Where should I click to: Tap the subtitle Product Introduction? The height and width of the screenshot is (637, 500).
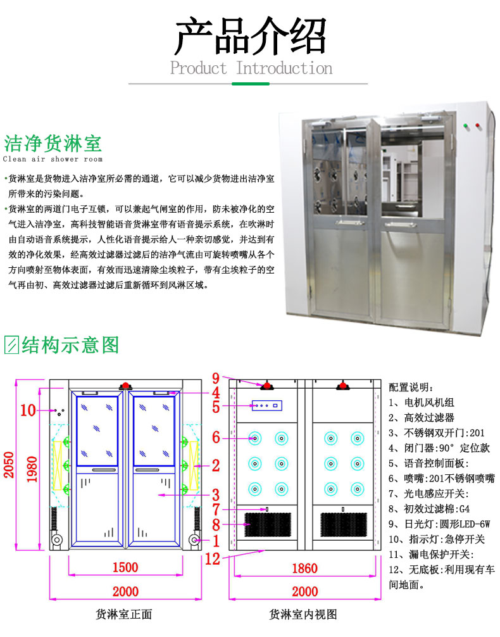(x=251, y=68)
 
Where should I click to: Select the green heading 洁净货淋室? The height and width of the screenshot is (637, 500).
(x=53, y=141)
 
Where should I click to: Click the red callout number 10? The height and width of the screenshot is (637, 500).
(x=28, y=410)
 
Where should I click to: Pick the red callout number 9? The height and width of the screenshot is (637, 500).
(x=216, y=379)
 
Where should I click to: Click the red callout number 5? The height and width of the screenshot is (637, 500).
(x=216, y=407)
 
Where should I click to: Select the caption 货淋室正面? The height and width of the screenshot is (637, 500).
(x=123, y=614)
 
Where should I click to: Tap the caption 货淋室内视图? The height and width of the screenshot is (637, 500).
(x=303, y=614)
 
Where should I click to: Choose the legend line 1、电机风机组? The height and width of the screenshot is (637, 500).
(x=421, y=402)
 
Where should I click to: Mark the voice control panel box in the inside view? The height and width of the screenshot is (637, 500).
(x=266, y=405)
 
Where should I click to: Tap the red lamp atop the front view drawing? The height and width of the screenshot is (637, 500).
(x=125, y=385)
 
